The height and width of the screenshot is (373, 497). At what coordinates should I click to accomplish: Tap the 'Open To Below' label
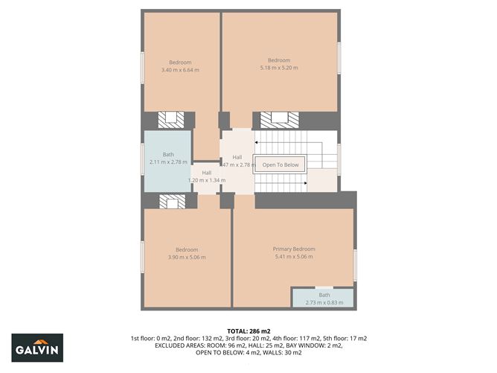[280, 165]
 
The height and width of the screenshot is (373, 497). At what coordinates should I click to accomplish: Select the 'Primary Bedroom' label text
[293, 249]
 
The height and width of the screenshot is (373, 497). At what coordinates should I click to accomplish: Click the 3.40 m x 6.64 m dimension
[180, 70]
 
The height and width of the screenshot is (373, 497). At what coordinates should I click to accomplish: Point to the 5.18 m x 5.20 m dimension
[278, 68]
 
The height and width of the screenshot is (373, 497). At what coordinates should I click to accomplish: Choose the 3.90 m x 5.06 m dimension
[187, 258]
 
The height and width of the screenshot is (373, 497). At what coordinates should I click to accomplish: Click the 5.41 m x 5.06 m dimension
[293, 257]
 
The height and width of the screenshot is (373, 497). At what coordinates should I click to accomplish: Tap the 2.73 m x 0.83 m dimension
[324, 302]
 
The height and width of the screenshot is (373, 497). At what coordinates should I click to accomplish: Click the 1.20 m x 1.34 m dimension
[206, 180]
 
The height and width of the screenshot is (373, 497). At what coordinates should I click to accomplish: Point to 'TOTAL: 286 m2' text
[248, 330]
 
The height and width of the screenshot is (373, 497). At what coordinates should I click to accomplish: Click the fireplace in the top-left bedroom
[172, 119]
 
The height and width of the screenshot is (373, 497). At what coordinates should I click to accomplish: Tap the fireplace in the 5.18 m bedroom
[280, 119]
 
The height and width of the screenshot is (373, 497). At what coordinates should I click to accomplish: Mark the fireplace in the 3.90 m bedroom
[172, 201]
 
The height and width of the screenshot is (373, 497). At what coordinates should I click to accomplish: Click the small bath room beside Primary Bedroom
[324, 298]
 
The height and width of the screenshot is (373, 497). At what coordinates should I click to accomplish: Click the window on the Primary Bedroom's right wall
[355, 265]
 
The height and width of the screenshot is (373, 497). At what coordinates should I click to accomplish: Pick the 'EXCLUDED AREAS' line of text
[248, 346]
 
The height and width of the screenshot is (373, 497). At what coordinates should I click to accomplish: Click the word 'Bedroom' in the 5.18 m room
[278, 60]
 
